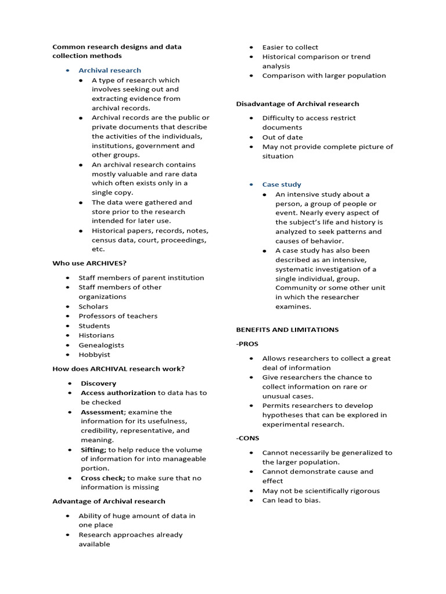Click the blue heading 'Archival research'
point(110,70)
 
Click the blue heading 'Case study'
point(282,184)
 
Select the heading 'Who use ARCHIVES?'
point(89,263)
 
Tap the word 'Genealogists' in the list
point(101,345)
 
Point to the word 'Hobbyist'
point(94,354)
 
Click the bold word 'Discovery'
point(98,383)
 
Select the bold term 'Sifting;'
point(93,450)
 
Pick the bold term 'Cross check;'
point(103,478)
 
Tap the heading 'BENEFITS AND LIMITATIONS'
point(287,329)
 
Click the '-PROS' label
point(247,344)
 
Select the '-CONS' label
point(247,439)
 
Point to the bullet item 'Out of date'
point(282,137)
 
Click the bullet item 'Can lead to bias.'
point(291,500)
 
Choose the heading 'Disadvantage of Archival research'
point(297,104)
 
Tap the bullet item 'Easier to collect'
point(290,47)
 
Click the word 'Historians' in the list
point(96,335)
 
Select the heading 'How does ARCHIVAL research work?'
point(118,369)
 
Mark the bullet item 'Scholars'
point(93,306)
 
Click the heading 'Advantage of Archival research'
point(109,501)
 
